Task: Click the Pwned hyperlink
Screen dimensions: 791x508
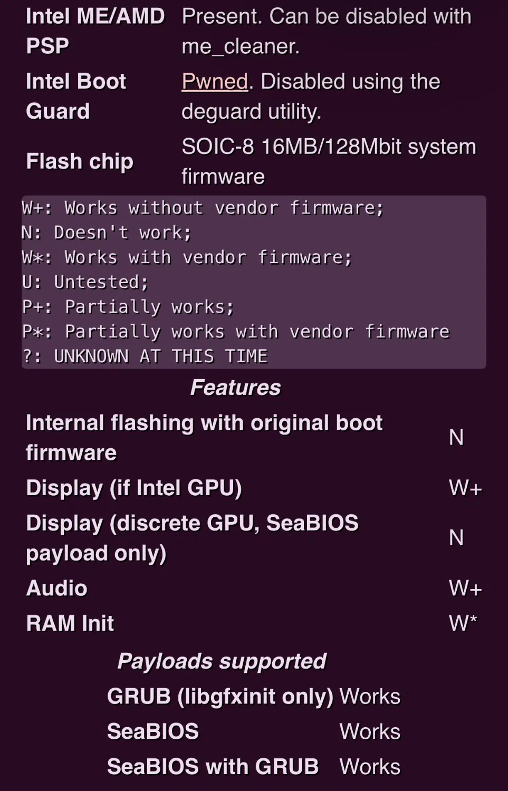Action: [x=215, y=82]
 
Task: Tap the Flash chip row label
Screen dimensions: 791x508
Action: [x=79, y=161]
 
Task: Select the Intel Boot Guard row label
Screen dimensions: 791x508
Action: [x=75, y=96]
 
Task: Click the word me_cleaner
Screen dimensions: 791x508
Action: [x=240, y=46]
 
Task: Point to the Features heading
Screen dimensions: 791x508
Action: [x=235, y=388]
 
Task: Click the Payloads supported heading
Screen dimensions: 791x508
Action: [x=222, y=661]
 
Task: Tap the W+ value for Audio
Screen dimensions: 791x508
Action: [x=465, y=589]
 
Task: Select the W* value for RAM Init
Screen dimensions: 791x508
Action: [x=463, y=623]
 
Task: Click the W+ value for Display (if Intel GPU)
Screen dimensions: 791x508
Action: [x=465, y=488]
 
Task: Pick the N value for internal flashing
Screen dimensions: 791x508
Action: [x=456, y=438]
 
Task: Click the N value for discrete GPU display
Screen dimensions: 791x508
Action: [x=456, y=538]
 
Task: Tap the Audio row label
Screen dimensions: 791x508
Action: [x=56, y=589]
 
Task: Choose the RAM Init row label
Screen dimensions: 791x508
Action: [x=70, y=623]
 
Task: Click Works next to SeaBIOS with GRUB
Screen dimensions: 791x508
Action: [x=370, y=767]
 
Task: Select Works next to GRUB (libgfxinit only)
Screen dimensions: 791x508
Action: [x=370, y=697]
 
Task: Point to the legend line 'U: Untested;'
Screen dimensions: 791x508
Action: [x=85, y=282]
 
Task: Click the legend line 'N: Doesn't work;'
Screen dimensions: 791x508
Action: [x=107, y=233]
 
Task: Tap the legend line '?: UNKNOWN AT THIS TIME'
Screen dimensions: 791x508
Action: [x=145, y=356]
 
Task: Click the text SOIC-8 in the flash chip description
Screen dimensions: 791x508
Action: [x=217, y=147]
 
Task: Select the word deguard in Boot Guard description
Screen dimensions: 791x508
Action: [x=215, y=112]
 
